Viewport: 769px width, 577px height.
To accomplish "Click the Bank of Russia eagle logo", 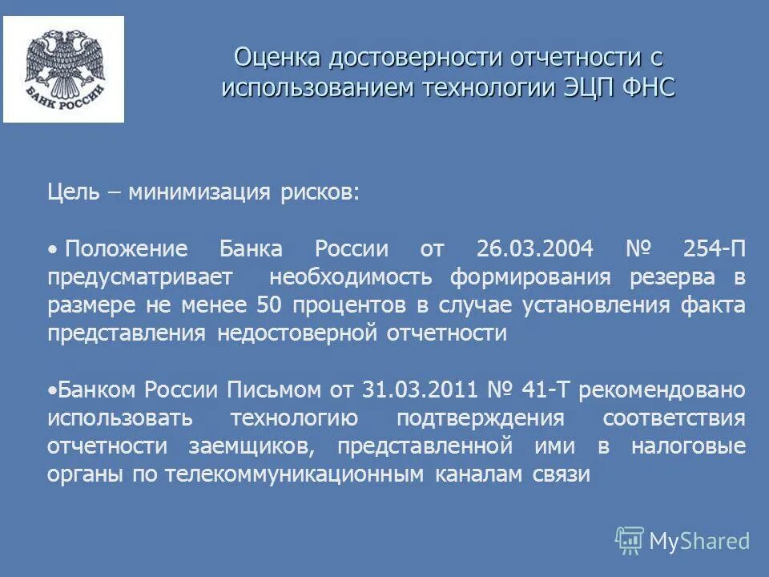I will [64, 69].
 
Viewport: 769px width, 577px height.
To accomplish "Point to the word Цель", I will [73, 192].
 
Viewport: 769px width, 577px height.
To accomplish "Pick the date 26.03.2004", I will [534, 248].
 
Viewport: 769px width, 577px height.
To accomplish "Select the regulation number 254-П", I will [715, 248].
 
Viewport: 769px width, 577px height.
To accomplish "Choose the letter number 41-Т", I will [546, 390].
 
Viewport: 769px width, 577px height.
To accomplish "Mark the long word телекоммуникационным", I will [294, 474].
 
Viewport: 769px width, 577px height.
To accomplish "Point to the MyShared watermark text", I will [699, 541].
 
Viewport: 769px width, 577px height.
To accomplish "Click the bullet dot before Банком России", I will [51, 391].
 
